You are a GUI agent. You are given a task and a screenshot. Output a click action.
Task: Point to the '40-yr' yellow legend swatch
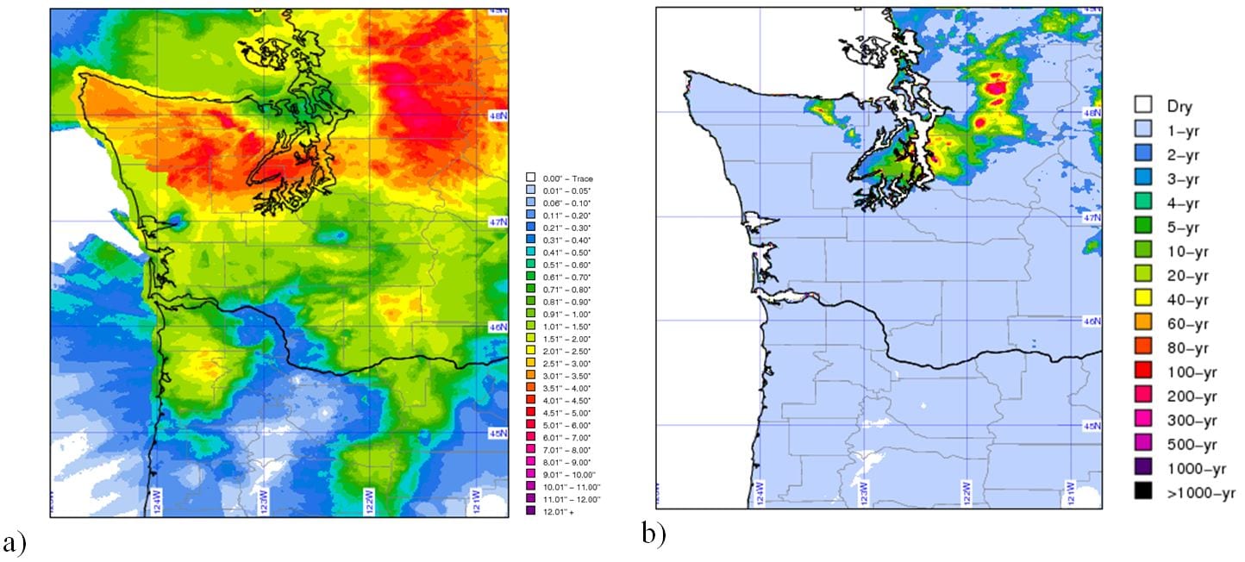click(x=1143, y=300)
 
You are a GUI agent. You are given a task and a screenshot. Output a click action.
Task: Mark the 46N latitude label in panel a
click(x=498, y=328)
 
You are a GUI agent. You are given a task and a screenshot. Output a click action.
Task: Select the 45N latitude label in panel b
click(x=1092, y=426)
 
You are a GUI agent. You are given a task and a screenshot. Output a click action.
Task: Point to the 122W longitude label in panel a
click(x=369, y=500)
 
